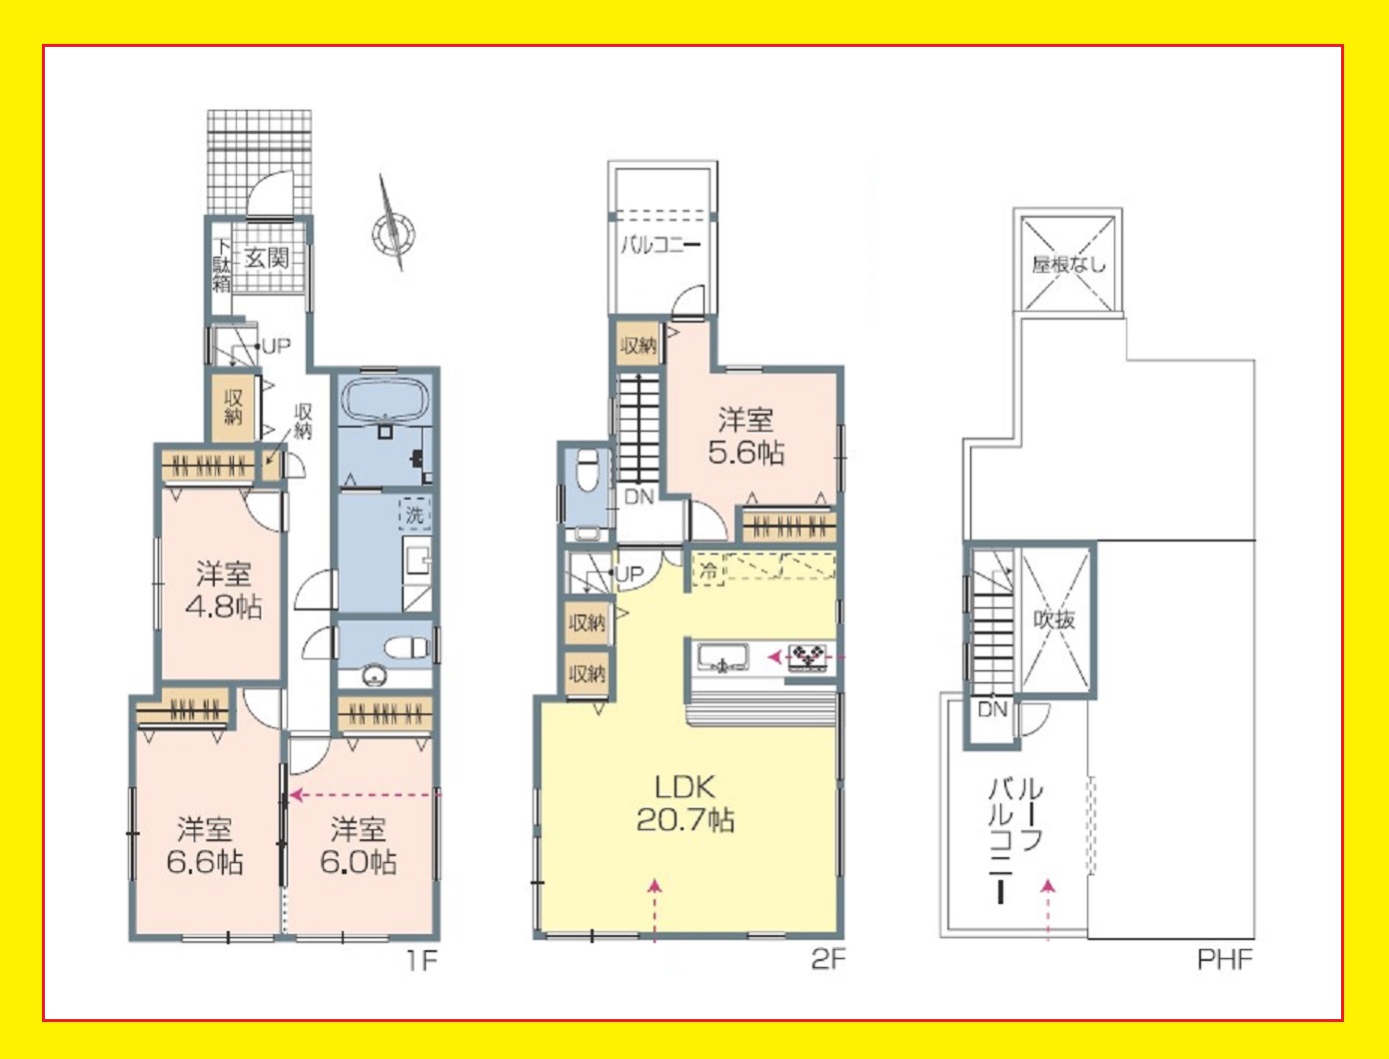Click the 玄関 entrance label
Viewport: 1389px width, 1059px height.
point(267,258)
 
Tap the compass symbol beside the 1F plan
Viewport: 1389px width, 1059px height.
point(393,234)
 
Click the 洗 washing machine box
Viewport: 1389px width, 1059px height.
point(415,515)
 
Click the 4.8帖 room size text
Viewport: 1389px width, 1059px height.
point(224,607)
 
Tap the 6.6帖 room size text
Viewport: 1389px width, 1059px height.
point(205,861)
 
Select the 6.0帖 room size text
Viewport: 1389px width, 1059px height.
point(359,861)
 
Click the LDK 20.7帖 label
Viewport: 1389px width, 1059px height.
point(685,804)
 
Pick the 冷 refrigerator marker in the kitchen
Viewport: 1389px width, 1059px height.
point(708,570)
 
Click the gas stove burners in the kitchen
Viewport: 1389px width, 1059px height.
point(806,657)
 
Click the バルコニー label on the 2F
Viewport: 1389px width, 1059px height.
point(661,245)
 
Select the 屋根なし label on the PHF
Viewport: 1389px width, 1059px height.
point(1069,264)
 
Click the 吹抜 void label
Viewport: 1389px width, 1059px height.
point(1054,619)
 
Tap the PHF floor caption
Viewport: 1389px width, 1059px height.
point(1225,960)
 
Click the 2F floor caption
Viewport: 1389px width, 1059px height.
point(828,960)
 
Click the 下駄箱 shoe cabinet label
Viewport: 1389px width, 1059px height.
point(221,265)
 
